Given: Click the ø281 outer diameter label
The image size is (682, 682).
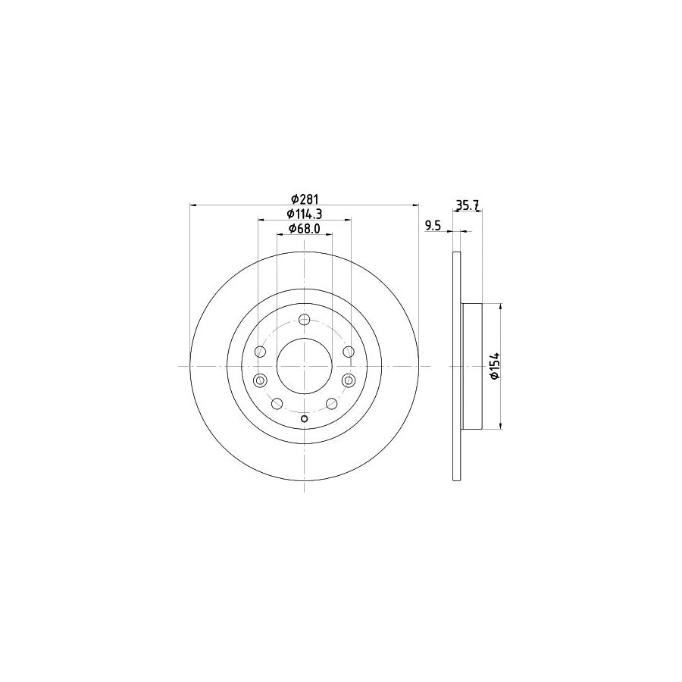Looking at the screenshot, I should (x=303, y=199).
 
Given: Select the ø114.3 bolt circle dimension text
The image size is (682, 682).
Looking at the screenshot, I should (x=303, y=214).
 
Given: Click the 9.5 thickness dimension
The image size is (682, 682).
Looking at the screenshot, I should (x=433, y=225).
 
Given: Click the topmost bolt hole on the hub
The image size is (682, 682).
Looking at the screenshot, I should (x=304, y=319).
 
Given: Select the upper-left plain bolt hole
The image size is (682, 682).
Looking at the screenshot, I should (x=261, y=352).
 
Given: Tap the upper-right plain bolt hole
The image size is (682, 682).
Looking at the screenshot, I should (x=348, y=352).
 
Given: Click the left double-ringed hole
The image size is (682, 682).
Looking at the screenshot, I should (x=261, y=380).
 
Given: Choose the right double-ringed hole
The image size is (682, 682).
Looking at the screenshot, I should (x=348, y=380).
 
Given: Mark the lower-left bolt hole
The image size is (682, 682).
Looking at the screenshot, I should (x=277, y=404).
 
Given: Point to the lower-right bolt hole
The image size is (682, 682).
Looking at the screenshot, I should (x=331, y=404).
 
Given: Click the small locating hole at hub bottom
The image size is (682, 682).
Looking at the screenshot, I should (x=304, y=421).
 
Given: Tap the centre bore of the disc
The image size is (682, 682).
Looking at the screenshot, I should (x=304, y=366).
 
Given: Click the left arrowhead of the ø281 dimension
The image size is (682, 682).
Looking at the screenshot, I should (x=193, y=205).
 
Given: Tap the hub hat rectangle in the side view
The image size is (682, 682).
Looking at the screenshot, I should (x=471, y=366).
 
